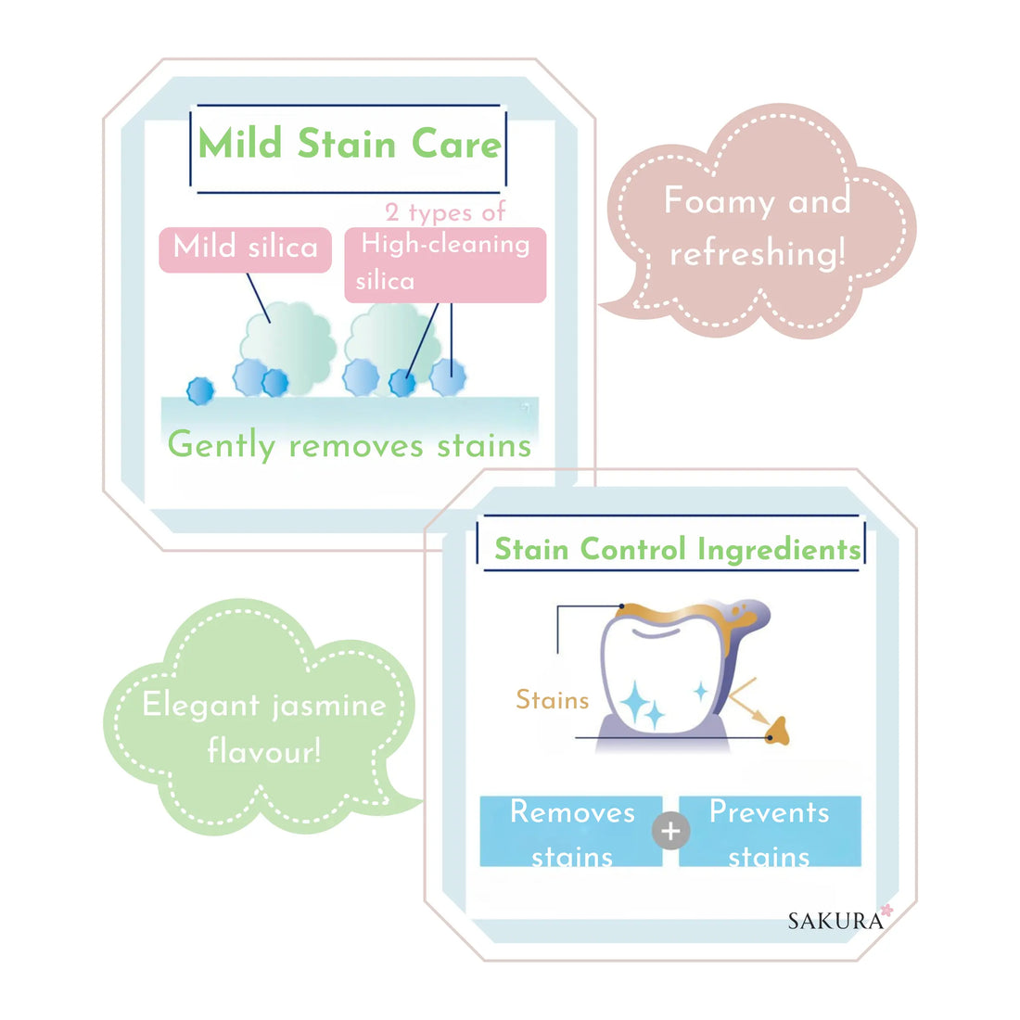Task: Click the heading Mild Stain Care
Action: point(350,145)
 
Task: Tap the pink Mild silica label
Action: point(245,249)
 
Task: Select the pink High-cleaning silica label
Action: point(445,263)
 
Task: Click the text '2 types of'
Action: point(445,212)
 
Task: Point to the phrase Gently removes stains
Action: point(350,445)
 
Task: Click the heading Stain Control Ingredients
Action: point(677,549)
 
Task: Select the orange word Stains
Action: point(553,699)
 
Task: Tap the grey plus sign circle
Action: point(670,831)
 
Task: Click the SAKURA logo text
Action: point(835,921)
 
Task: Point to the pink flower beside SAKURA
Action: point(887,912)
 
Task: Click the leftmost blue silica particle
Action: point(200,390)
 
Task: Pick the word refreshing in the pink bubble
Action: point(758,252)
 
